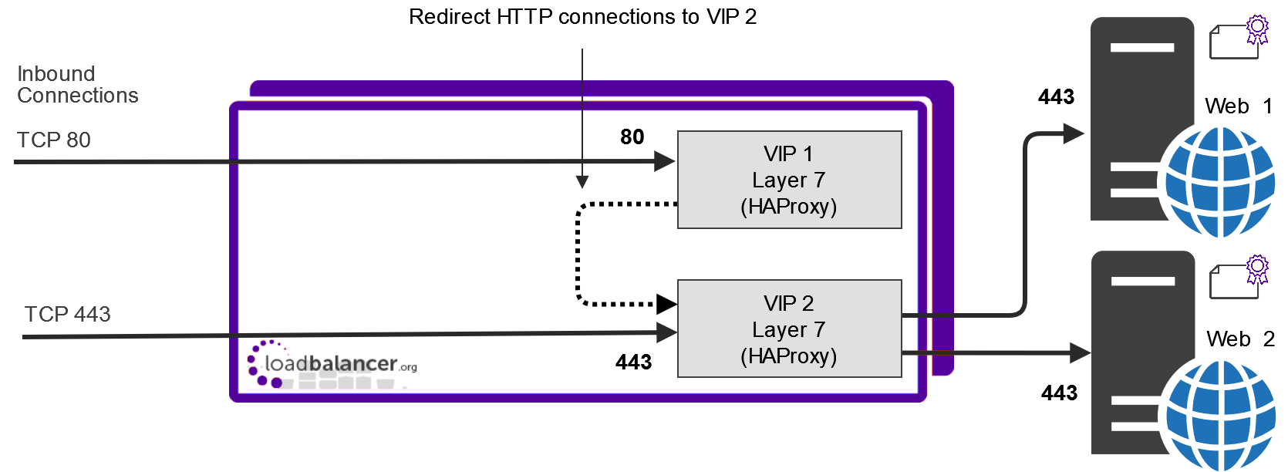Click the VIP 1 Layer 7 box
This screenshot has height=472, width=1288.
click(x=790, y=180)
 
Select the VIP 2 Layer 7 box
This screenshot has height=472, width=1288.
click(x=790, y=329)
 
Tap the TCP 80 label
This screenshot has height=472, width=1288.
click(x=53, y=140)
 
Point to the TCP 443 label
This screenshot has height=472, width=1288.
click(x=67, y=314)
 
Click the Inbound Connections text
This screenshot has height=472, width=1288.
click(x=78, y=85)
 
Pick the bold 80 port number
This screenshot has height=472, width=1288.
click(x=632, y=137)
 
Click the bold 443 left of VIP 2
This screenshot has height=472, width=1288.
click(x=634, y=362)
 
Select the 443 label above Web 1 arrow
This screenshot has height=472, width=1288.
click(x=1057, y=96)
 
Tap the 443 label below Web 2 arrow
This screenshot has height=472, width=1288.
click(x=1059, y=393)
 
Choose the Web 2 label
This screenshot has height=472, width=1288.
click(x=1240, y=339)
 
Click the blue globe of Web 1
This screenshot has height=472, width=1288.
click(x=1219, y=182)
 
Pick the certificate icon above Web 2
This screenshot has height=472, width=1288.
click(x=1239, y=277)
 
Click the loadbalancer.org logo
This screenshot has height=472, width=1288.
click(x=332, y=365)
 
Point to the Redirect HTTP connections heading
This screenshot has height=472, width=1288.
click(x=582, y=17)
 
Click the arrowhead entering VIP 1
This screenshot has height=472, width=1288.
click(x=665, y=161)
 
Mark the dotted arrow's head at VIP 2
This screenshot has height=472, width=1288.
click(x=667, y=304)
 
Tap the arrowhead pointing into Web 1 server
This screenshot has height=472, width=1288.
click(x=1074, y=134)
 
